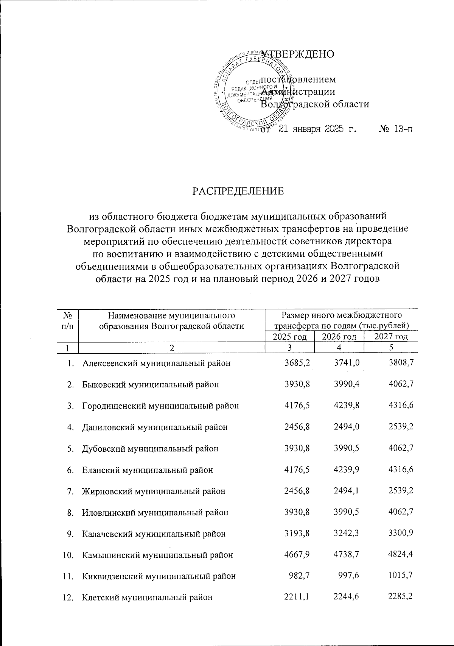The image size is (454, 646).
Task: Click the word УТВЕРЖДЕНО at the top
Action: coord(298,54)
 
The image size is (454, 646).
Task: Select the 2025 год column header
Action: coord(290,337)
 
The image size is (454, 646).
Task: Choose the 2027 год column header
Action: coord(391,337)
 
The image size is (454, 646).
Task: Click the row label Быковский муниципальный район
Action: coord(150,384)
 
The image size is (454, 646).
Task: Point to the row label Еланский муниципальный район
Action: coord(148,470)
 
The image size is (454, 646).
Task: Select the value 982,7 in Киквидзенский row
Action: coord(302,576)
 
